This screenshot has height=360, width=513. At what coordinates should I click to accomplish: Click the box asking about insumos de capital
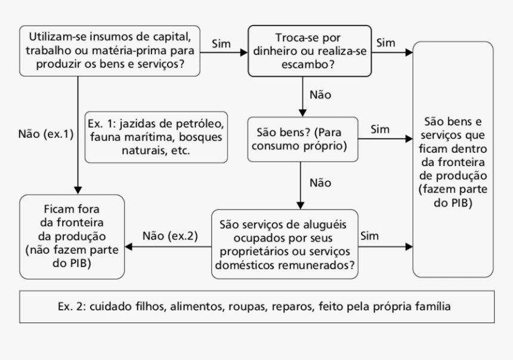click(109, 51)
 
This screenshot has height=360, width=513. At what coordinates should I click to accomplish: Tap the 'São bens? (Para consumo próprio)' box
click(304, 139)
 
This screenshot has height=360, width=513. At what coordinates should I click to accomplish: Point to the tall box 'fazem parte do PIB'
click(453, 158)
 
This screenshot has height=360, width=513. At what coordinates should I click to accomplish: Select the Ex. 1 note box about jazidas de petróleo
click(156, 136)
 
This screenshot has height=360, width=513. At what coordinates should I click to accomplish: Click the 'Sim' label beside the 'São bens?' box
click(380, 130)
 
